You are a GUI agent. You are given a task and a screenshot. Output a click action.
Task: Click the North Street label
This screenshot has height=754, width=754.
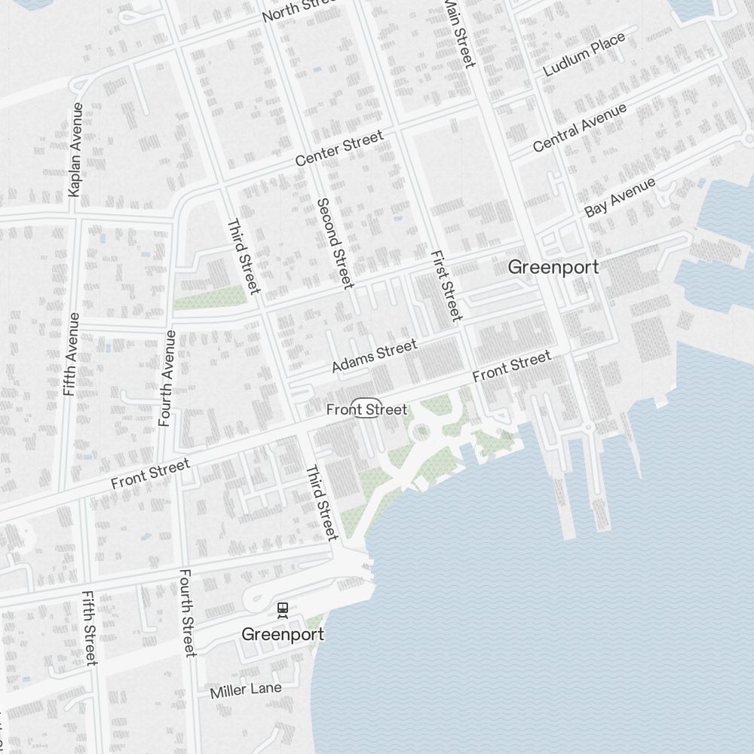[x=297, y=9]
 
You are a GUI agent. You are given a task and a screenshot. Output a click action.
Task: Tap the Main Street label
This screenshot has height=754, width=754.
[x=460, y=32]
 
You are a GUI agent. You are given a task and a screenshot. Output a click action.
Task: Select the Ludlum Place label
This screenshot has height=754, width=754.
[x=584, y=54]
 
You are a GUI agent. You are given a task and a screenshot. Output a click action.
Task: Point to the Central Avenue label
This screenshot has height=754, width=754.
[x=579, y=127]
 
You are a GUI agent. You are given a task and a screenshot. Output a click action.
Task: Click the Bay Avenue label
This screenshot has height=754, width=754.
[x=620, y=198]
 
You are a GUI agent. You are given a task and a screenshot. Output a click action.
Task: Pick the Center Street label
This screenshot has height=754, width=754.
[x=339, y=149]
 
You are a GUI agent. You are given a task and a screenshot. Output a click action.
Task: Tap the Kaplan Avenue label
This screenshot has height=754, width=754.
[x=75, y=150]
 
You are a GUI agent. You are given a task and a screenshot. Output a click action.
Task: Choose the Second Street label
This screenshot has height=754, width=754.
[x=335, y=243]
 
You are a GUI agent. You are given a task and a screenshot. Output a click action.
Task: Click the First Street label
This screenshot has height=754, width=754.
[x=446, y=285]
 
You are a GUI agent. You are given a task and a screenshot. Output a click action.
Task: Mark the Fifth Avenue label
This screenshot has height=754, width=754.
[x=71, y=354]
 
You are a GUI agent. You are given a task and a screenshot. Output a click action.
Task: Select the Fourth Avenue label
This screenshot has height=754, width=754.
[x=167, y=379]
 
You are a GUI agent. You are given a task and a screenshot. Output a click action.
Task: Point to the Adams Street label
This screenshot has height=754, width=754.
[x=374, y=356]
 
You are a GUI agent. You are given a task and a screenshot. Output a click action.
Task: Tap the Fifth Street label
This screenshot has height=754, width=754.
[x=90, y=627]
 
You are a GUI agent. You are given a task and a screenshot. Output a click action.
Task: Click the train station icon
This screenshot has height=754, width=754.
[x=283, y=608]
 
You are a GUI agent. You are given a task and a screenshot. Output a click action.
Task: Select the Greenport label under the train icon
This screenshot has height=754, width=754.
[x=283, y=635]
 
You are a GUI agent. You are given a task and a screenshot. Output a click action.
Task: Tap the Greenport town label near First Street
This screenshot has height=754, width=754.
[x=553, y=267]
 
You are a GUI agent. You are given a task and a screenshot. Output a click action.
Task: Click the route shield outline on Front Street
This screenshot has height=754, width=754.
[x=367, y=407]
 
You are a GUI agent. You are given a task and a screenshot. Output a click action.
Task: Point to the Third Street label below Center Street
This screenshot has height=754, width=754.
[x=244, y=256]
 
